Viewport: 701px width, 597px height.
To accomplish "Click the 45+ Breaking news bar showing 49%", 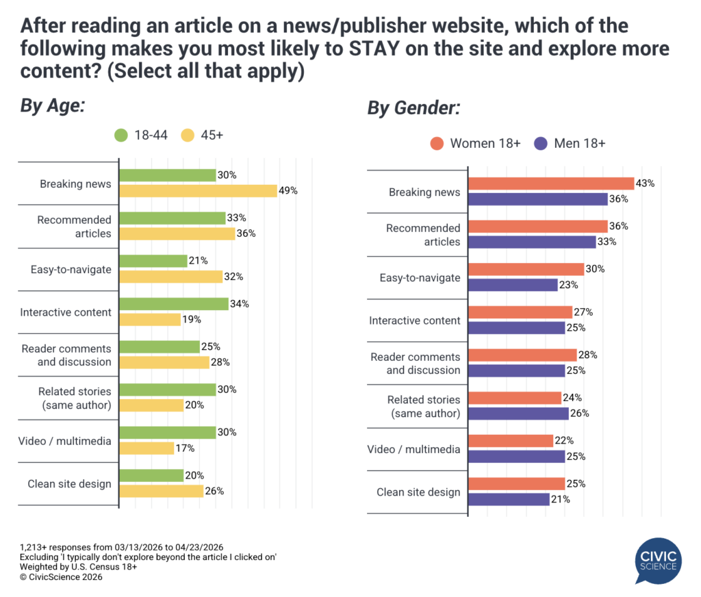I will pos(198,191).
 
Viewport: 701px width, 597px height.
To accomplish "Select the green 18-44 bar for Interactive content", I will pos(174,304).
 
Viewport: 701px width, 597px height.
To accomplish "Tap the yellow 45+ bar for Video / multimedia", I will pos(146,448).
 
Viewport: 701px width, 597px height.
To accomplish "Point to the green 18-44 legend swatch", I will pos(121,135).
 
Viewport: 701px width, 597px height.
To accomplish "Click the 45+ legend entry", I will pos(203,135).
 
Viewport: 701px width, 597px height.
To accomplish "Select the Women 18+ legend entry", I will pos(476,143).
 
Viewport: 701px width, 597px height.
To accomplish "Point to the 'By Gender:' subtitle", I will pos(413,108).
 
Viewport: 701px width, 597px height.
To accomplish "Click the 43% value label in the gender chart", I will pos(646,183).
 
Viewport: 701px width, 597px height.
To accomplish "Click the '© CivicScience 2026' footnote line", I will pos(61,577).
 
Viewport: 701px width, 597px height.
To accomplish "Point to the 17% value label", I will pos(186,448).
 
